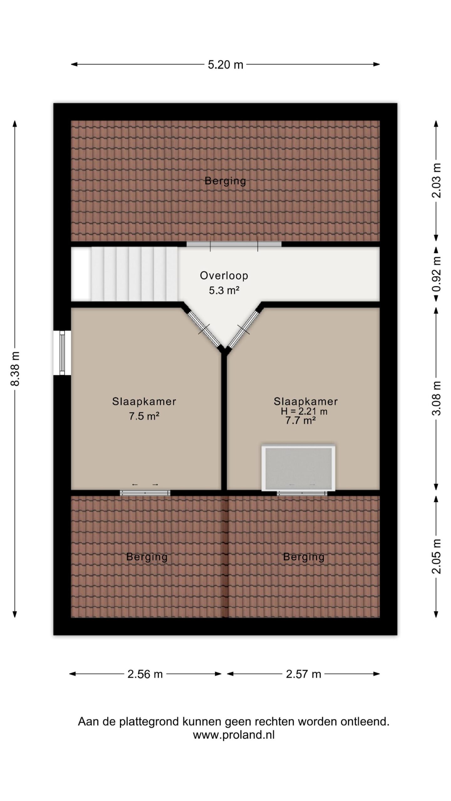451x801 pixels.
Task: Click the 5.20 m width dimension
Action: click(225, 65)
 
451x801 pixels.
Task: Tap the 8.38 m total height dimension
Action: click(15, 369)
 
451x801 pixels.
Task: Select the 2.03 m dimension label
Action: click(436, 181)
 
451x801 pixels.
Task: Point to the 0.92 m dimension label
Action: click(436, 274)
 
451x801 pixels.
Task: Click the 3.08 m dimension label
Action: click(436, 398)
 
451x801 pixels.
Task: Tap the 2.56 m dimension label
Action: click(145, 674)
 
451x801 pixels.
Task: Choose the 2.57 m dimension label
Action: click(303, 674)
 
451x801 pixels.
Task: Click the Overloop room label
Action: click(224, 276)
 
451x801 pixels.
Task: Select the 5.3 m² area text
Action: click(224, 291)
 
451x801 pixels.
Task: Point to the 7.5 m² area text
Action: click(144, 416)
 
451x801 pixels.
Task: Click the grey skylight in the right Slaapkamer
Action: click(298, 468)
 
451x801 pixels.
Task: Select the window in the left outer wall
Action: click(62, 353)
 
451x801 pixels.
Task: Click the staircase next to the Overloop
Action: click(125, 274)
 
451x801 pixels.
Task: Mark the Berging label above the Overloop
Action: click(225, 181)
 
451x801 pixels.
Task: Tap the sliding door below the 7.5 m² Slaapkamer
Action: click(145, 493)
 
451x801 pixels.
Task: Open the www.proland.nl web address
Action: click(234, 735)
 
